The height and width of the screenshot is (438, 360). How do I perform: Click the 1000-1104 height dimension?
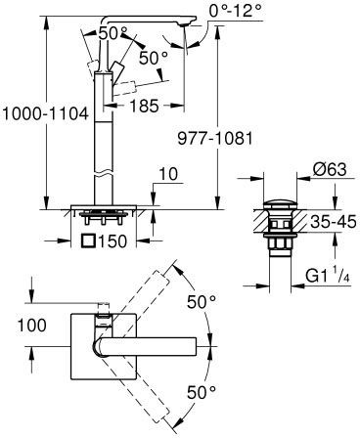pyautogui.click(x=45, y=114)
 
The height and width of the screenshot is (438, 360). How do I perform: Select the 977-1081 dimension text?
pyautogui.click(x=215, y=139)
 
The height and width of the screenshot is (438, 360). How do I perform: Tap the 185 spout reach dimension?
pyautogui.click(x=144, y=106)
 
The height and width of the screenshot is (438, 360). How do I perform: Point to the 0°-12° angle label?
pyautogui.click(x=236, y=11)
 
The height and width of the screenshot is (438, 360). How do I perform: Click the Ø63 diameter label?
pyautogui.click(x=329, y=170)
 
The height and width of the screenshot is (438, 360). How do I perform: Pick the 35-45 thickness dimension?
pyautogui.click(x=333, y=222)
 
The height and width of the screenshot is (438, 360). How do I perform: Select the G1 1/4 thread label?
pyautogui.click(x=328, y=277)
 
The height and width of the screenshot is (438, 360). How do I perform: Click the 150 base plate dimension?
pyautogui.click(x=112, y=241)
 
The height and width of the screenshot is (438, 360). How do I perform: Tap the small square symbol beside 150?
pyautogui.click(x=89, y=241)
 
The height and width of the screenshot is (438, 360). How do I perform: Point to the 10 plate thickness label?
pyautogui.click(x=169, y=174)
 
